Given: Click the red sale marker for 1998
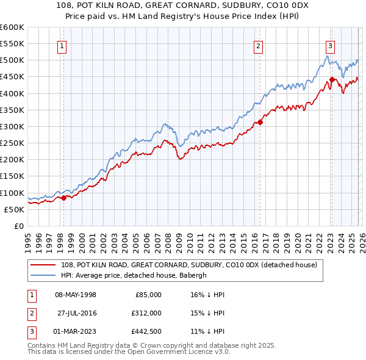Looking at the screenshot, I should [63, 197].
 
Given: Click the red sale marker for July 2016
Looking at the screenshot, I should [260, 122].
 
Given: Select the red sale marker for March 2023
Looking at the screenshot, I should [332, 79].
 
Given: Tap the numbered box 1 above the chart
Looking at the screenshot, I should [63, 45].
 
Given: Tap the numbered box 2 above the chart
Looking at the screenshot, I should [259, 45].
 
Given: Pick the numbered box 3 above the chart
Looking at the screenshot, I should [330, 45].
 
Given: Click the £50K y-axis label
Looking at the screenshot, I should [15, 209].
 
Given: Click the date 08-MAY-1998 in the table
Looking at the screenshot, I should [76, 295].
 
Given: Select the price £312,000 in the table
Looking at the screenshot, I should [147, 313].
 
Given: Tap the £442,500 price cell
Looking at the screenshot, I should [147, 331].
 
